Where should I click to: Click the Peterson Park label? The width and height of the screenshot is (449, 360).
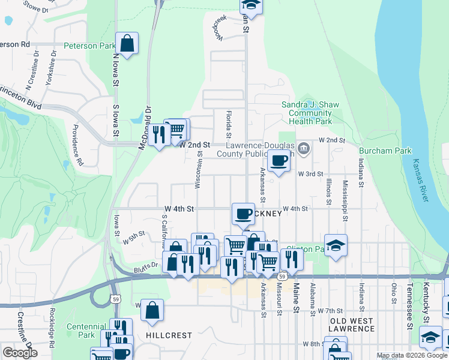pyautogui.click(x=89, y=46)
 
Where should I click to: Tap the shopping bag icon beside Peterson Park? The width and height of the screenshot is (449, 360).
pyautogui.click(x=127, y=43)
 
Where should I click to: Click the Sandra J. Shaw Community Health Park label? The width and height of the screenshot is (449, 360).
pyautogui.click(x=307, y=113)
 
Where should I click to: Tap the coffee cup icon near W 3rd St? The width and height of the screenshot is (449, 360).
pyautogui.click(x=279, y=160)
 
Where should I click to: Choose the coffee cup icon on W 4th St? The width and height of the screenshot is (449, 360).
pyautogui.click(x=243, y=213)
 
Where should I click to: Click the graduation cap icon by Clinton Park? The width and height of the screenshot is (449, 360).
pyautogui.click(x=337, y=245)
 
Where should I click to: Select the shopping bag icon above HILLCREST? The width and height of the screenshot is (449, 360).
pyautogui.click(x=152, y=310)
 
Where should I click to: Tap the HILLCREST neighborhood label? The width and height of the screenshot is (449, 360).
pyautogui.click(x=168, y=335)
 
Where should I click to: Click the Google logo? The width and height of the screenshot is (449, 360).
pyautogui.click(x=20, y=353)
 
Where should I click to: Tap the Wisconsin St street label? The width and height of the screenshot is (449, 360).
pyautogui.click(x=198, y=170)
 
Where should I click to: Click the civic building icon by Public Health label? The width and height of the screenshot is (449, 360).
pyautogui.click(x=304, y=148)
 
